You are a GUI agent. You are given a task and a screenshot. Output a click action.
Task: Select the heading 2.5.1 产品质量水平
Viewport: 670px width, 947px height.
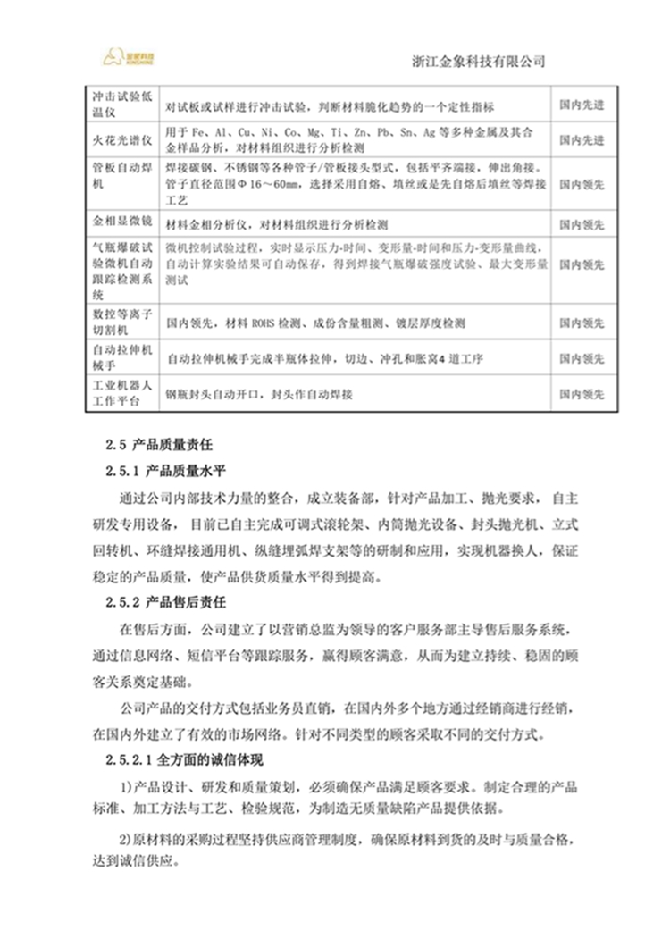[175, 470]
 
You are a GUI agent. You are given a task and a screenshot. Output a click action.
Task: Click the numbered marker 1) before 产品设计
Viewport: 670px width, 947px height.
[126, 787]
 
